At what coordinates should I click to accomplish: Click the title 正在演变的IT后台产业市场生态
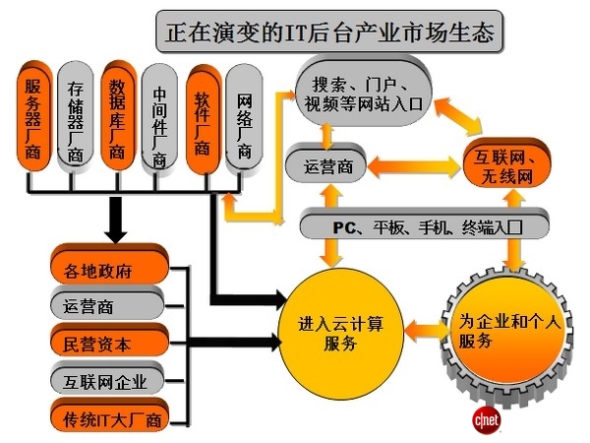pos(329,32)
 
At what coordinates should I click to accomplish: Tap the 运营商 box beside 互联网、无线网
pos(324,164)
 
